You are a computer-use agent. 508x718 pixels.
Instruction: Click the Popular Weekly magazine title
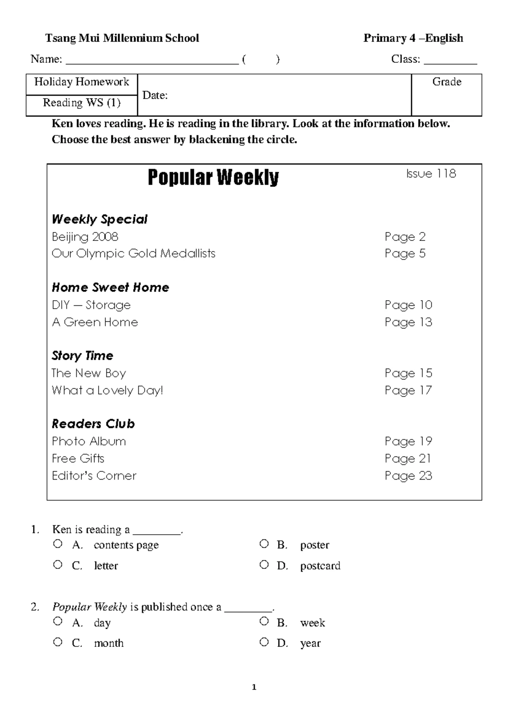click(213, 177)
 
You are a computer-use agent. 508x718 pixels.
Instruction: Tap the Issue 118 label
click(431, 174)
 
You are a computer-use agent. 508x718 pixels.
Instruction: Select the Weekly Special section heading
click(99, 219)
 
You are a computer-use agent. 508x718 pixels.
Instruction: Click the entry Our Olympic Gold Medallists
click(133, 253)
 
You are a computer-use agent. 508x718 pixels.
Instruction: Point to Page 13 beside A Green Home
click(408, 322)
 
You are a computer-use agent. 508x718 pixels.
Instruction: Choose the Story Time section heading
click(83, 356)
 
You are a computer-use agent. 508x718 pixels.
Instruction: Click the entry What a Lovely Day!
click(107, 390)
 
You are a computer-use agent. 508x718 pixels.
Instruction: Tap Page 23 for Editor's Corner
click(408, 476)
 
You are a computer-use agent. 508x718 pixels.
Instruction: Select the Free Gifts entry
click(78, 458)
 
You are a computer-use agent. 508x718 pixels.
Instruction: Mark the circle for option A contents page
click(58, 544)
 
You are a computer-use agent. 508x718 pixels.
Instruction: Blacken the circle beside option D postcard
click(264, 564)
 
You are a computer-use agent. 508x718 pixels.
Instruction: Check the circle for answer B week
click(264, 621)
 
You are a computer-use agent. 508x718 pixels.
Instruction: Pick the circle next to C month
click(58, 642)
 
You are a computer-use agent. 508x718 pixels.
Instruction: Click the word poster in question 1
click(315, 545)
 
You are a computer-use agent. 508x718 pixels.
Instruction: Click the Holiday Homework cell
click(82, 82)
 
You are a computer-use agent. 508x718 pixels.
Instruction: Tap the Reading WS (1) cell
click(82, 103)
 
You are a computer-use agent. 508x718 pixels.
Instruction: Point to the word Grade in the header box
click(447, 82)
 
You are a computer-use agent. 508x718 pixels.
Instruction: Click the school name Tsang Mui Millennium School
click(122, 38)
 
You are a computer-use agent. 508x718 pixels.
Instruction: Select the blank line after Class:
click(450, 60)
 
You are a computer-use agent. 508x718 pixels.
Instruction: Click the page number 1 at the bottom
click(254, 687)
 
